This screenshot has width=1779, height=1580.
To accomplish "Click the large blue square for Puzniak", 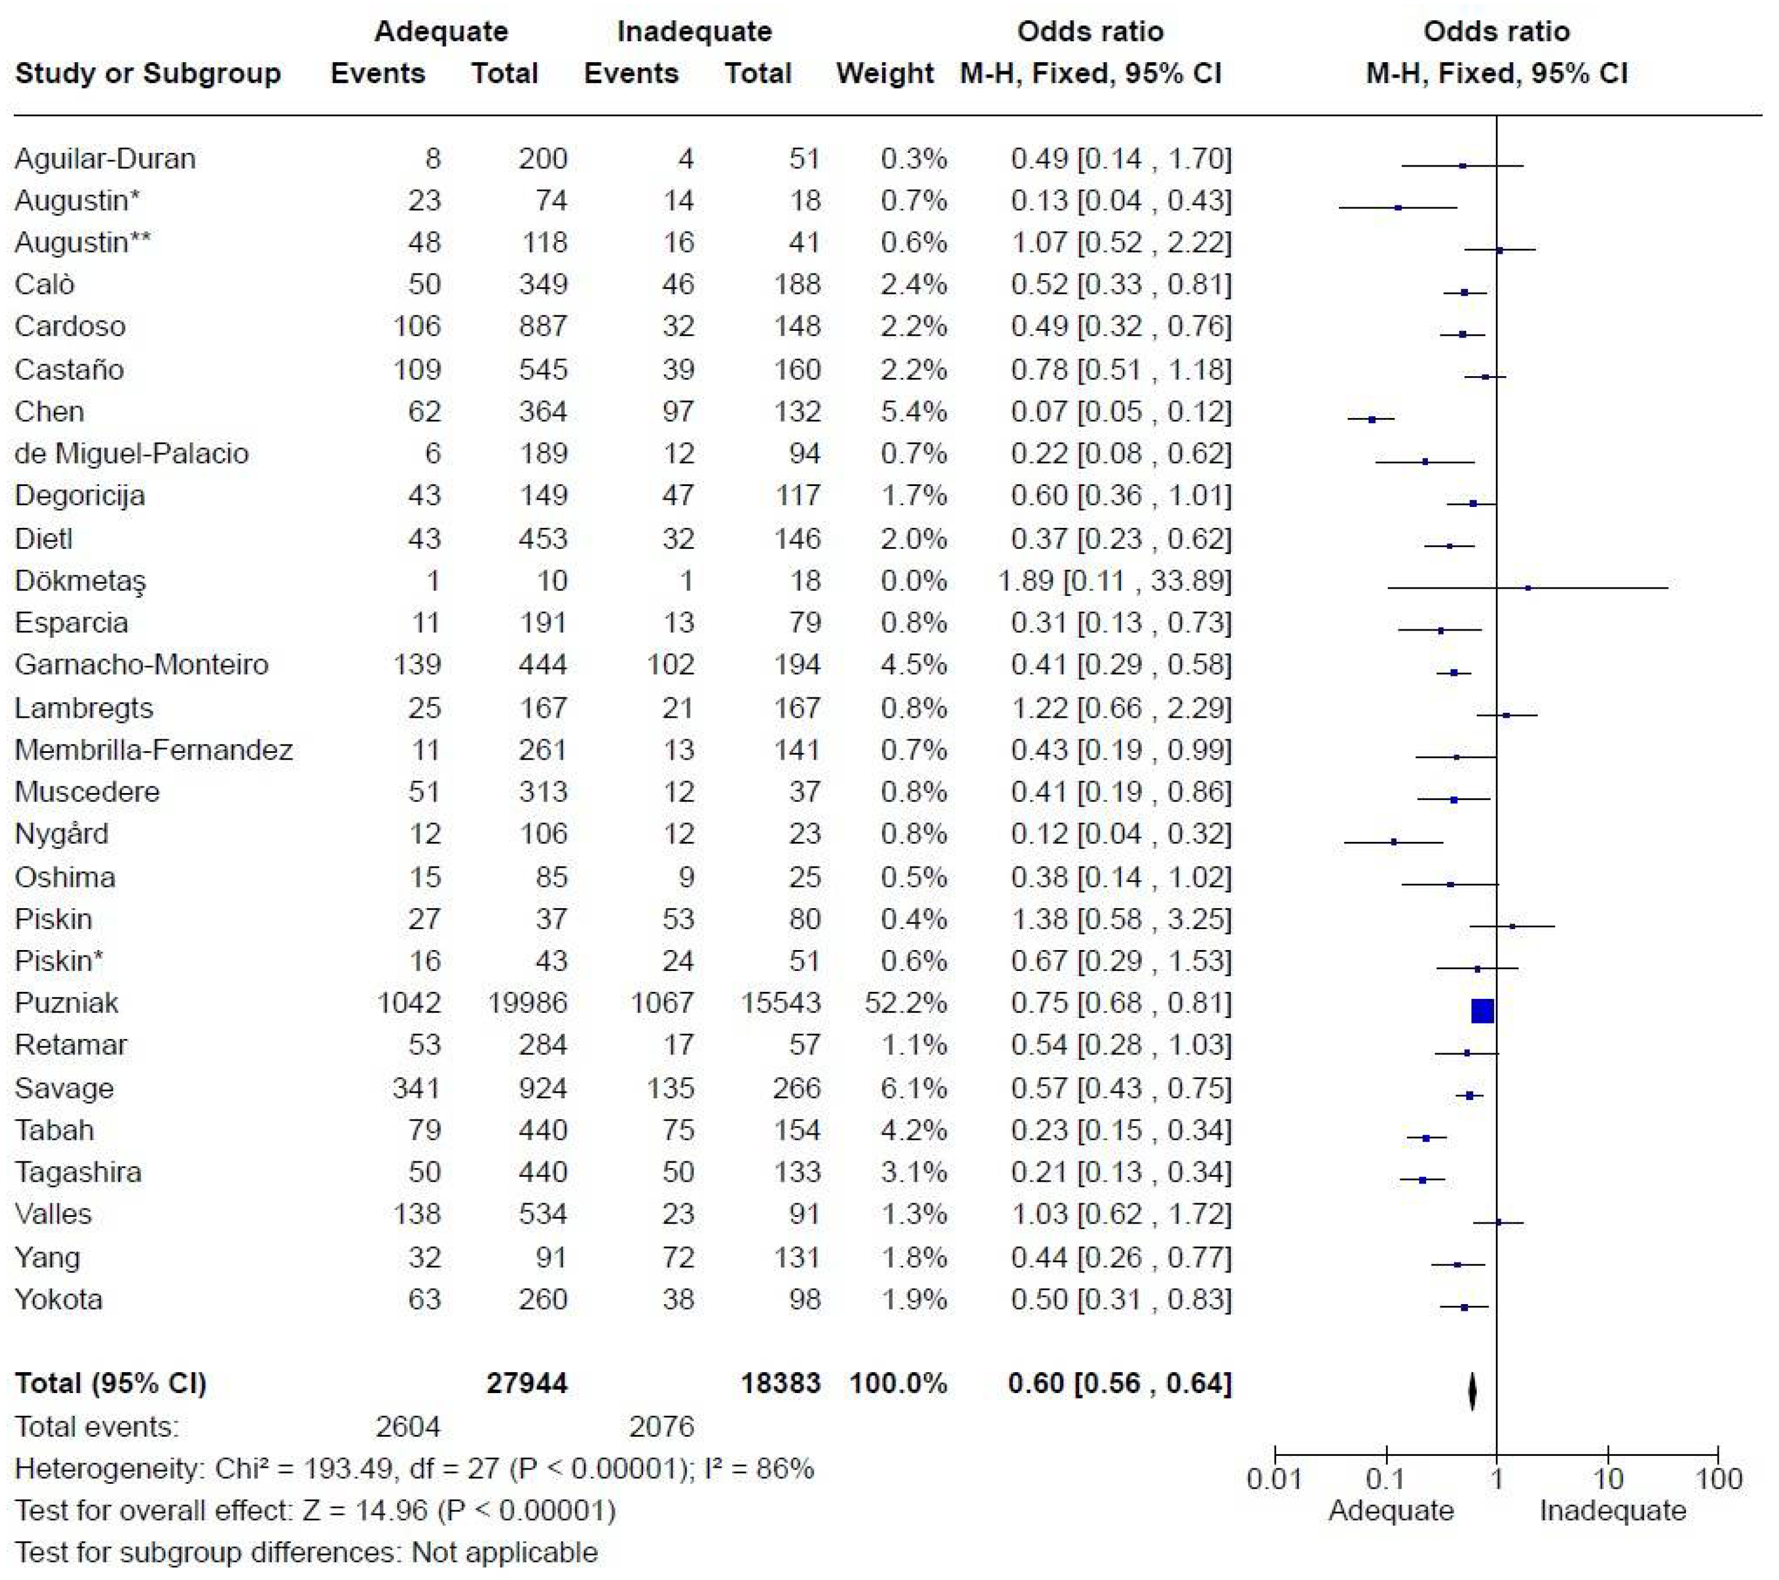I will pos(1482,1011).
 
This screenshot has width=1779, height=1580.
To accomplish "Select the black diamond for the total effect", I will pos(1472,1390).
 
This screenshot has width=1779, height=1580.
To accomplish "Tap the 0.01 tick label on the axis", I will pos(1274,1478).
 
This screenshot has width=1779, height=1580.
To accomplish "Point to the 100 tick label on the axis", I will pos(1719,1478).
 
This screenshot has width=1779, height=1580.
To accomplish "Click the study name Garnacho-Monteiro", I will pos(142,665).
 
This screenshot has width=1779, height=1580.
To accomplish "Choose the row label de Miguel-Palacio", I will pos(131,453).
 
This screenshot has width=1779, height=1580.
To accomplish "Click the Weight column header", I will pos(884,73).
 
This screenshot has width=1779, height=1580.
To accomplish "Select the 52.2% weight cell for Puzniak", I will pos(905,1003).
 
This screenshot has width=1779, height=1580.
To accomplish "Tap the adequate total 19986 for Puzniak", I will pos(527,1003).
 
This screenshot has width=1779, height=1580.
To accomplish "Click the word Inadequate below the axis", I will pos(1613,1510).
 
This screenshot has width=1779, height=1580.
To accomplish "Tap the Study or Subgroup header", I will pos(148,73).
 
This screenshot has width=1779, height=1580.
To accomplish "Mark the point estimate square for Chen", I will pos(1372,419).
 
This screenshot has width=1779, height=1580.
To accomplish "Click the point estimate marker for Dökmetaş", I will pos(1528,588).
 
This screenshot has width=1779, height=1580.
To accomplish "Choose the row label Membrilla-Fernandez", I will pos(154,749).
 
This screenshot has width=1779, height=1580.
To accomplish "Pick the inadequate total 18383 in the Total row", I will pos(780,1384).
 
